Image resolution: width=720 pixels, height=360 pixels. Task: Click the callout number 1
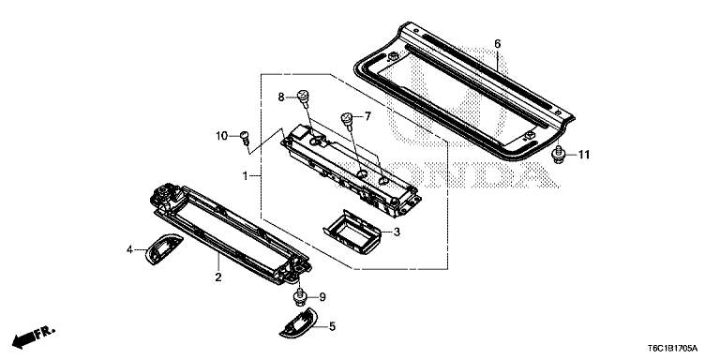[245, 176]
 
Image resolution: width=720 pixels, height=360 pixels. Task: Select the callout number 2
[217, 278]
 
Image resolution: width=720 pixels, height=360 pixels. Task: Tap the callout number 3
[397, 232]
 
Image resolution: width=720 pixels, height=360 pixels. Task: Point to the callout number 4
[130, 249]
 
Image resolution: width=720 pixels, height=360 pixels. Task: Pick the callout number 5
[331, 326]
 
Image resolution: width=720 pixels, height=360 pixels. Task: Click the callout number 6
[497, 43]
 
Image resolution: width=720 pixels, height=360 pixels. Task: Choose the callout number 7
[367, 117]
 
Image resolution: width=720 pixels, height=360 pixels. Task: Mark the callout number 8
[279, 97]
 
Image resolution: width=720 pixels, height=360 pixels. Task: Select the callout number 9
[322, 297]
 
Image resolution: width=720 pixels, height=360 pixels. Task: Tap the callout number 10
[222, 137]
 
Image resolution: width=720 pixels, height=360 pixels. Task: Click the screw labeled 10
[244, 138]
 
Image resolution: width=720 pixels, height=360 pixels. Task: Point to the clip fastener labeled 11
[559, 154]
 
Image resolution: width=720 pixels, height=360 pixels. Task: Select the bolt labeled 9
[300, 299]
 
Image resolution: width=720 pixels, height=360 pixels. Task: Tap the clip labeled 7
[349, 119]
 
